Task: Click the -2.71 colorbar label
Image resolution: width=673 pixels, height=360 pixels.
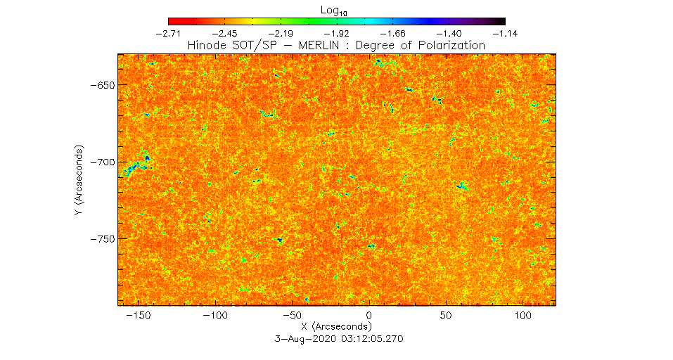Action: [168, 34]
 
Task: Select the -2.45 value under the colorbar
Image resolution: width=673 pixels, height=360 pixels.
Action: [224, 34]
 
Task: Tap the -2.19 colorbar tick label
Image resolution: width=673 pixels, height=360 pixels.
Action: [281, 34]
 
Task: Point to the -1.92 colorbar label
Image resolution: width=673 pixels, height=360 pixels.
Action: [337, 34]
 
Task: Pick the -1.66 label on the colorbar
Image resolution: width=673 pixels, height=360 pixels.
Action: [393, 34]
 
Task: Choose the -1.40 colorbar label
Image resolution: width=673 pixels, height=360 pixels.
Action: [449, 34]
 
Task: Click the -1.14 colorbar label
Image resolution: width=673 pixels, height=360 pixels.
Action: [505, 34]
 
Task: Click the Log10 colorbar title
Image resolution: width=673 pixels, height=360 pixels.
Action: [333, 11]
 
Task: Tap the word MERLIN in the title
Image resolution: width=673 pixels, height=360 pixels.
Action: [319, 45]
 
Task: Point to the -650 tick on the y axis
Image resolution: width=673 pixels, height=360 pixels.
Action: [103, 85]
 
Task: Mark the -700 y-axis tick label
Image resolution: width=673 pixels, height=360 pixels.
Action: [103, 162]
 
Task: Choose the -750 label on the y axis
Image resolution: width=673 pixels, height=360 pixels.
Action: [103, 239]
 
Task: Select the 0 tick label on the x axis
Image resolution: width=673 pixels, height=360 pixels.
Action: [369, 316]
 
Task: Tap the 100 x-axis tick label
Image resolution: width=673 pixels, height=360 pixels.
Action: [523, 316]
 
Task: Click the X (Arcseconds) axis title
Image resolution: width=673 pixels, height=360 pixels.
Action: [336, 326]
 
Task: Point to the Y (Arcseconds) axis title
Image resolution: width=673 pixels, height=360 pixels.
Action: [79, 180]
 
